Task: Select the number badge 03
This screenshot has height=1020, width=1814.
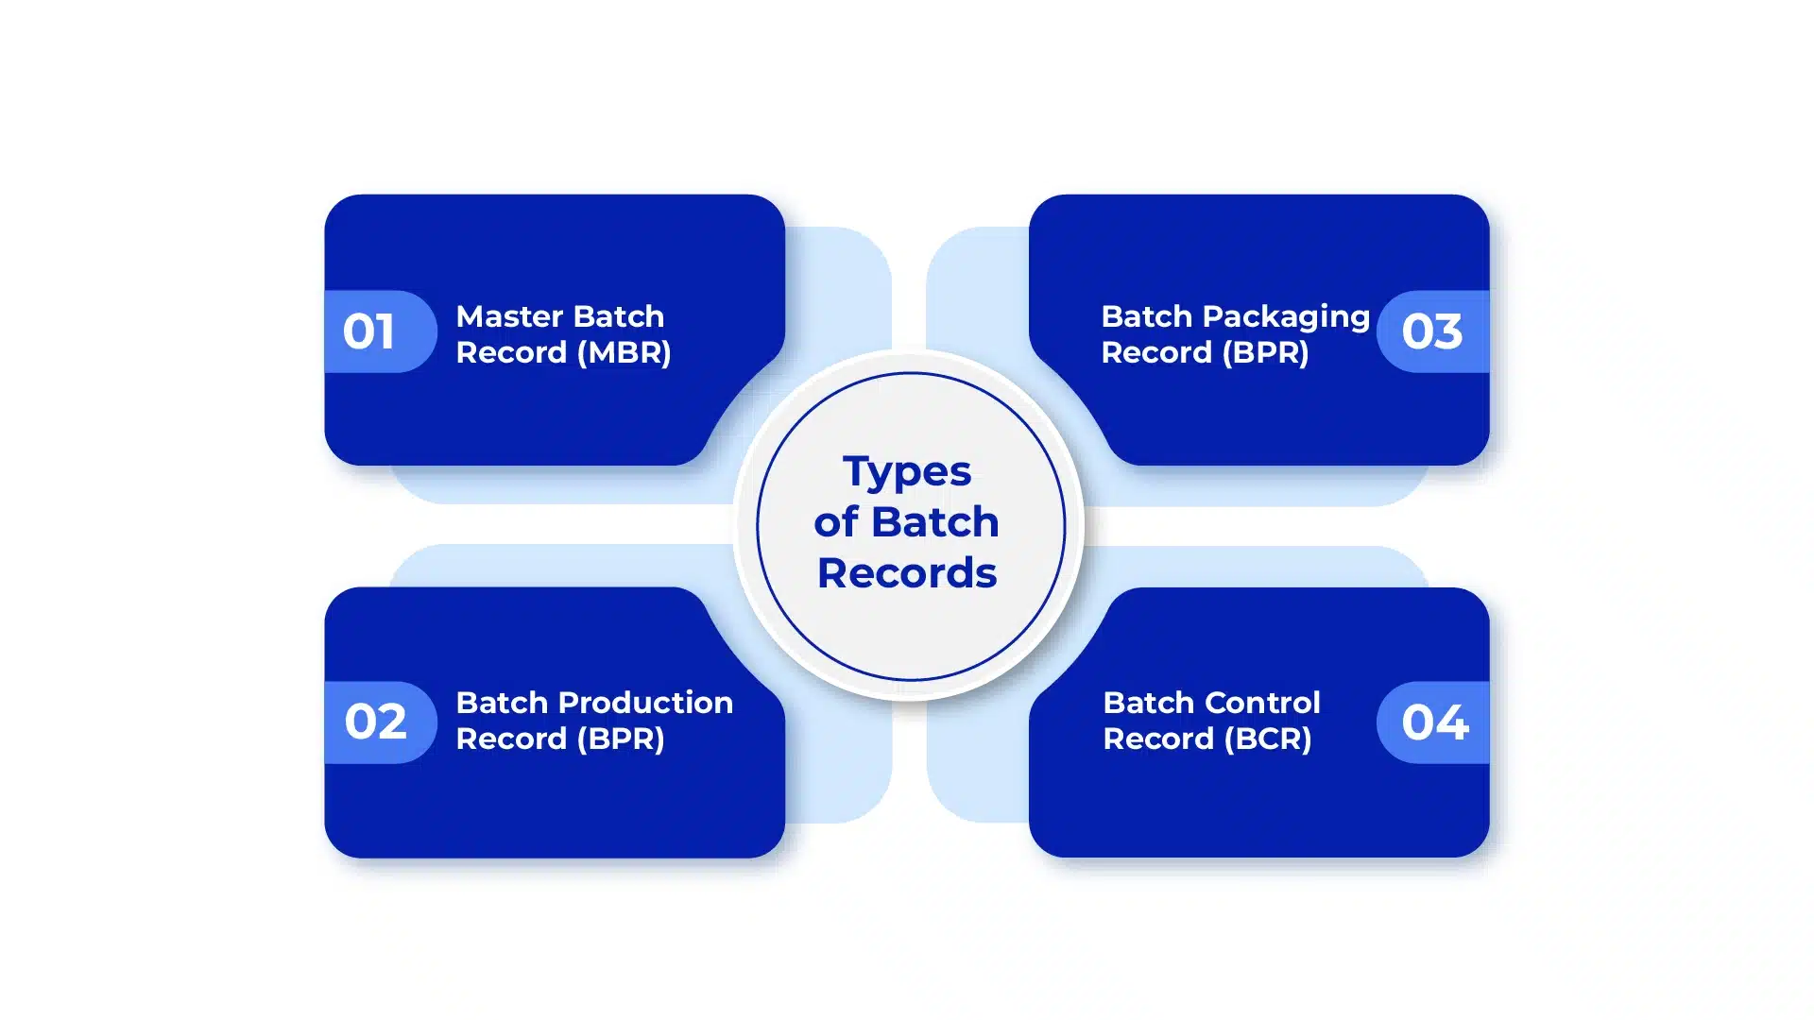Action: tap(1433, 331)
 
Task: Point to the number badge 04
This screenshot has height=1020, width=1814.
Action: tap(1433, 722)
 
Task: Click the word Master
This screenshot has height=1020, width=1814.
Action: tap(510, 316)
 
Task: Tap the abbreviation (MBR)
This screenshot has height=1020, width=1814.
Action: tap(625, 352)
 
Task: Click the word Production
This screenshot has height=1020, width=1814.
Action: tap(646, 703)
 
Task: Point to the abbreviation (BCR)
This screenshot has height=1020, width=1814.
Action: tap(1268, 739)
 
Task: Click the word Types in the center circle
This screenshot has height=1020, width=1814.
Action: tap(907, 472)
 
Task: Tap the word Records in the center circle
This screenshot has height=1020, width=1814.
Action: tap(907, 573)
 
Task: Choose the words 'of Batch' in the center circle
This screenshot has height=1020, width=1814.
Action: tap(907, 522)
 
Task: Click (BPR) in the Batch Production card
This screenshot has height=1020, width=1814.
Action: tap(621, 739)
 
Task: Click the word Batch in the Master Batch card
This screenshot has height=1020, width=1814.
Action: tap(619, 316)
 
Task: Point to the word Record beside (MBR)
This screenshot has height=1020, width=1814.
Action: tap(511, 352)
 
